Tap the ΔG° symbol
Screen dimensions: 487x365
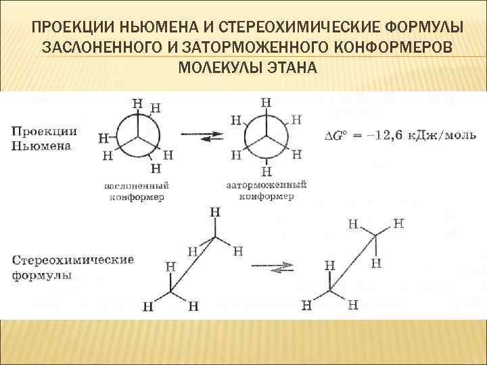338,136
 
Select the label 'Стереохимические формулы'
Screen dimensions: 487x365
73,267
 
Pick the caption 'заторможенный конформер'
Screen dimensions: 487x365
266,190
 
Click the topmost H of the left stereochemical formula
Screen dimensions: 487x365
215,212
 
